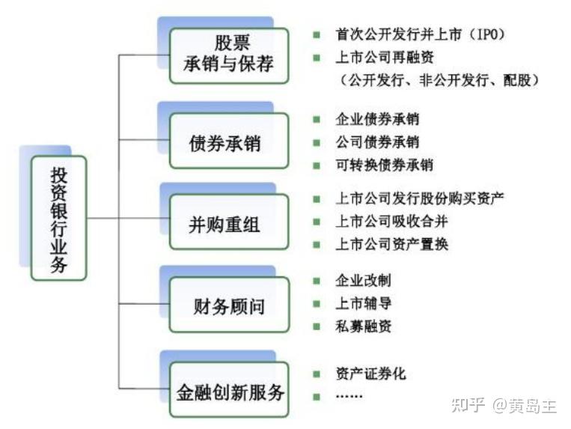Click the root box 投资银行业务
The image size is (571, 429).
pos(59,218)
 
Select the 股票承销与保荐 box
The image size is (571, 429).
pos(228,53)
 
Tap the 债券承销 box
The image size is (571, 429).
pos(228,141)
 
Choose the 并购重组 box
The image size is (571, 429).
pos(228,222)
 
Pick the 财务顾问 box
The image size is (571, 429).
pos(228,305)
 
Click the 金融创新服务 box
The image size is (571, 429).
pos(228,389)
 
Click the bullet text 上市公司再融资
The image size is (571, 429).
pos(385,57)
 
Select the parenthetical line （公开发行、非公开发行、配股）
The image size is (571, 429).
pos(438,79)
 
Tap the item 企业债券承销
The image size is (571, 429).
pos(377,119)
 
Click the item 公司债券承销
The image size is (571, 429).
pos(377,142)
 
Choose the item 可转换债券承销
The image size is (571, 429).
pos(384,165)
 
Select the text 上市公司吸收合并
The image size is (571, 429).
pos(391,221)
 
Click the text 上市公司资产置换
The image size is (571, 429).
pos(391,244)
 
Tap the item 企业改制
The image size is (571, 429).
pos(363,281)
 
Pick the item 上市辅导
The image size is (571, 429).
pos(363,303)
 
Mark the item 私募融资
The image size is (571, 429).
pos(363,326)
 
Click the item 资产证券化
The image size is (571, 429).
pos(370,373)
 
